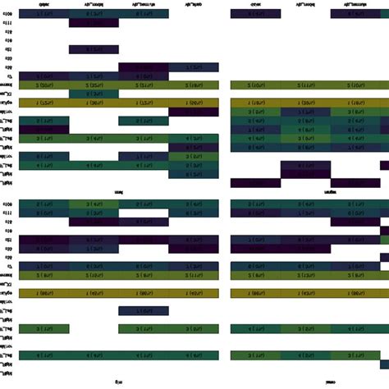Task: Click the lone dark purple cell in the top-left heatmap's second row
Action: (x=94, y=24)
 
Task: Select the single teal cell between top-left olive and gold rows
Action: (x=94, y=94)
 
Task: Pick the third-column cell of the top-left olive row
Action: (x=144, y=85)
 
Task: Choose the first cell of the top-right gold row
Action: (x=256, y=103)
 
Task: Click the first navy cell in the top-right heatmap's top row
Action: (x=256, y=14)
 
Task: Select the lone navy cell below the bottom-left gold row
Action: (x=144, y=310)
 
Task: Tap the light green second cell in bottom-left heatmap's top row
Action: (x=94, y=204)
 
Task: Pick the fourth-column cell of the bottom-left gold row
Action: (x=194, y=293)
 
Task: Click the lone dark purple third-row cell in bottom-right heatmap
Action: (x=357, y=222)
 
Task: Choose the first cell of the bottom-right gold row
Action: (x=256, y=293)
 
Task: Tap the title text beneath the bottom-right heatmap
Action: (x=331, y=382)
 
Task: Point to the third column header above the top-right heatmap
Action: (x=357, y=4)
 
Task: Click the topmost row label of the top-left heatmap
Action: (x=7, y=14)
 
